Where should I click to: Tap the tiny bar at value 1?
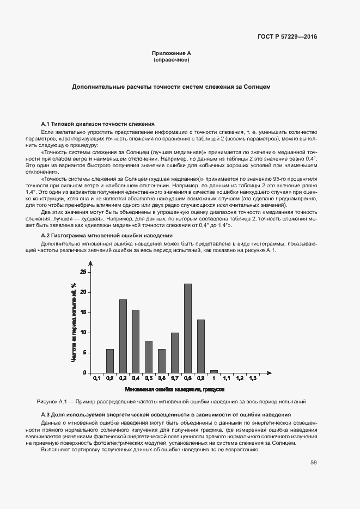(x=214, y=371)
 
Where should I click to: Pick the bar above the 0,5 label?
(x=149, y=357)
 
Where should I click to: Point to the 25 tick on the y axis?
(x=83, y=272)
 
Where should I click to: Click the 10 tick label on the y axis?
(x=83, y=332)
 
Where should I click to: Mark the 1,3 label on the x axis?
(x=253, y=378)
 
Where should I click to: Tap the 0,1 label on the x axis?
(x=96, y=378)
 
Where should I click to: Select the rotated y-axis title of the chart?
(x=72, y=322)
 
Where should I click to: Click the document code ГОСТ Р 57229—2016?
(x=287, y=36)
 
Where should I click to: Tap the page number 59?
(x=313, y=463)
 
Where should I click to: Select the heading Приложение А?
(x=171, y=53)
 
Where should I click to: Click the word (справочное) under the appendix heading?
(x=171, y=60)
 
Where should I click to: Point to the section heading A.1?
(x=97, y=124)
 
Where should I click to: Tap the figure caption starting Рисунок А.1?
(x=171, y=402)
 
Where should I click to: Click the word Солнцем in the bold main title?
(x=257, y=87)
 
